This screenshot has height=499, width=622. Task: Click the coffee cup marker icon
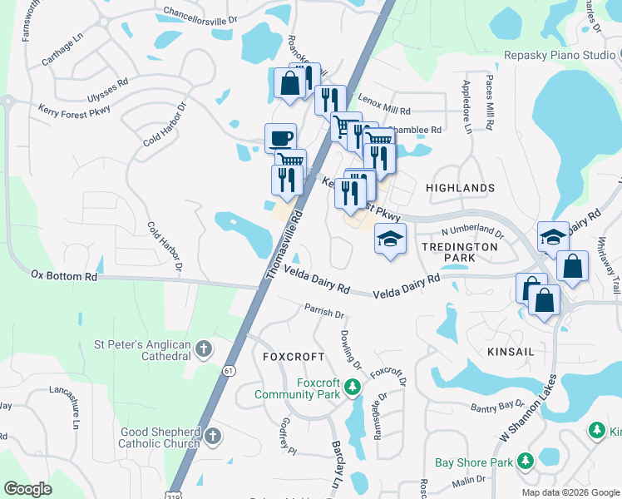pos(280,137)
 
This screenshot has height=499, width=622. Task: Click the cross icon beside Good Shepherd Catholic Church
pos(213,436)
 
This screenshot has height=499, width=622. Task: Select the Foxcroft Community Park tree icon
pos(352,386)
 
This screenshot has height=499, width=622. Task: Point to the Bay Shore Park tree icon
pos(525,461)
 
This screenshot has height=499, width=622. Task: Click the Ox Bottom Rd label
pos(64,275)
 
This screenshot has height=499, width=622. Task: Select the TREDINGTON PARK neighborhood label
pos(460,253)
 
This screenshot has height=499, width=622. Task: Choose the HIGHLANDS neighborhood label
pos(460,189)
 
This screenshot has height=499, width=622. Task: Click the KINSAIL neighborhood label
pos(512,353)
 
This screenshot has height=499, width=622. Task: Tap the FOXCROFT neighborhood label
pos(294,357)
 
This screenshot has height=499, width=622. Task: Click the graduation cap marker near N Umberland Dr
pos(390,239)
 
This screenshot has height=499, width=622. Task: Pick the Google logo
pos(28,489)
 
